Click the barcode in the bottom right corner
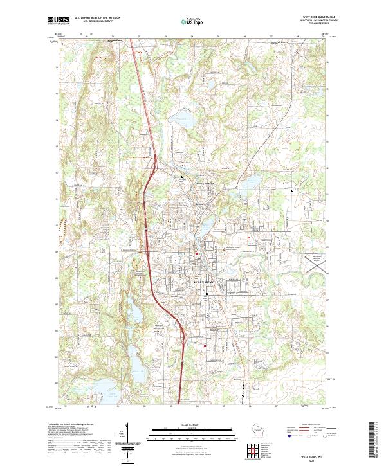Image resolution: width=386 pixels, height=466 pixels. pos(374,440)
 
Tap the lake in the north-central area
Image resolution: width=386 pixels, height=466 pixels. pos(185,118)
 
